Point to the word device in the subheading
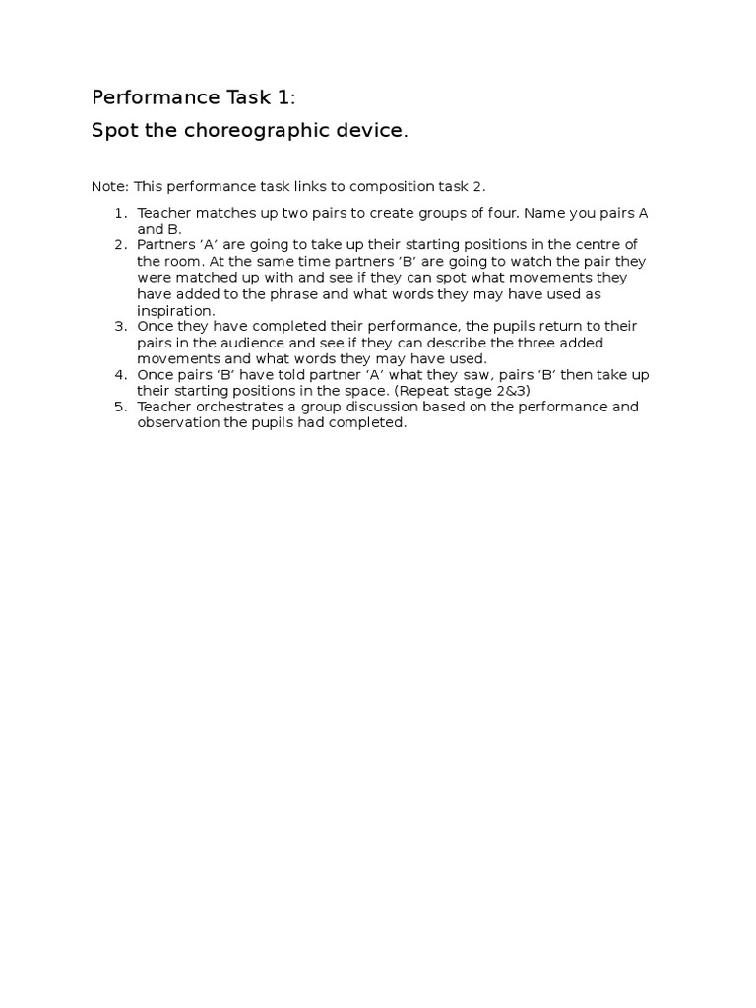click(x=372, y=131)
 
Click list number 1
click(x=120, y=214)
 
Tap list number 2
click(x=120, y=245)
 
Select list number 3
click(x=120, y=326)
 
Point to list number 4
click(x=120, y=375)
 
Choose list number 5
click(x=120, y=407)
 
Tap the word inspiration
click(x=175, y=310)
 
